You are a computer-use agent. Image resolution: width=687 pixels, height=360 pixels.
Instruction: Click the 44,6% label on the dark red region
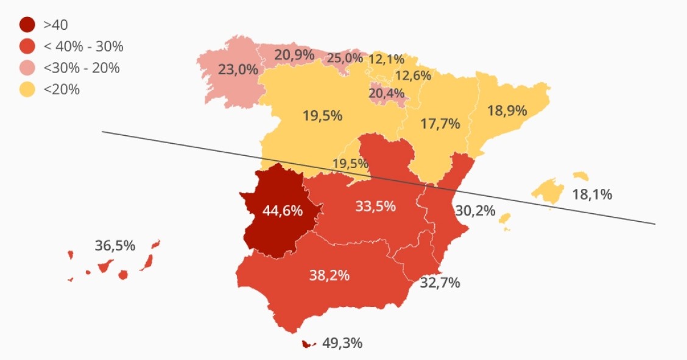(283, 211)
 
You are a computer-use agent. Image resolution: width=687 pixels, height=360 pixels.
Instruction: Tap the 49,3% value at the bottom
(342, 343)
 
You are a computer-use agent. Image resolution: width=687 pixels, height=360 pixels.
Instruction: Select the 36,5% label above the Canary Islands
(115, 245)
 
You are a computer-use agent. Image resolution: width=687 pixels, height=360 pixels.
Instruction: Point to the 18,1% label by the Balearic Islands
(592, 195)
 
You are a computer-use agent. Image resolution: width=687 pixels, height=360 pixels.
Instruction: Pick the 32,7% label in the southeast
(440, 283)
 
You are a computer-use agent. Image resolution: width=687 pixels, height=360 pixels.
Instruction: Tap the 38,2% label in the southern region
(329, 275)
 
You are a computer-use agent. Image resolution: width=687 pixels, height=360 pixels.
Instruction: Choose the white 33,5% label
(376, 206)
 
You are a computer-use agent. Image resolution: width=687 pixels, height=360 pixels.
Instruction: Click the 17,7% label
(440, 124)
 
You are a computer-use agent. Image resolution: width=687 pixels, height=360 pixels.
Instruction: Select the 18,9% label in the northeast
(507, 110)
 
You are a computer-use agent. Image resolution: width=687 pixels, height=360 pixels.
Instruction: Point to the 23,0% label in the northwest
(238, 69)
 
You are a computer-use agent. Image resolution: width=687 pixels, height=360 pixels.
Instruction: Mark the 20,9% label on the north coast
(294, 55)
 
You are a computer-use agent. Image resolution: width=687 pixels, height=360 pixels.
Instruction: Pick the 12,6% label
(413, 76)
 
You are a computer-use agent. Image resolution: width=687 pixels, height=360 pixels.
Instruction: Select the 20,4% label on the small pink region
(387, 94)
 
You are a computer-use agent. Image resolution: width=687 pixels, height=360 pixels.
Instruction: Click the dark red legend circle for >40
(27, 25)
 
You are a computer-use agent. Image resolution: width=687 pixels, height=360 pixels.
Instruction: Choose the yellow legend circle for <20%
(27, 90)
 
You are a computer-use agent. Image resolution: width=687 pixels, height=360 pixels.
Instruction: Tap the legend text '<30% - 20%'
(82, 68)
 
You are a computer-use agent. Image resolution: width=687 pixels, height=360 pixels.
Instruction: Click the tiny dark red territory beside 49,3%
(308, 345)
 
